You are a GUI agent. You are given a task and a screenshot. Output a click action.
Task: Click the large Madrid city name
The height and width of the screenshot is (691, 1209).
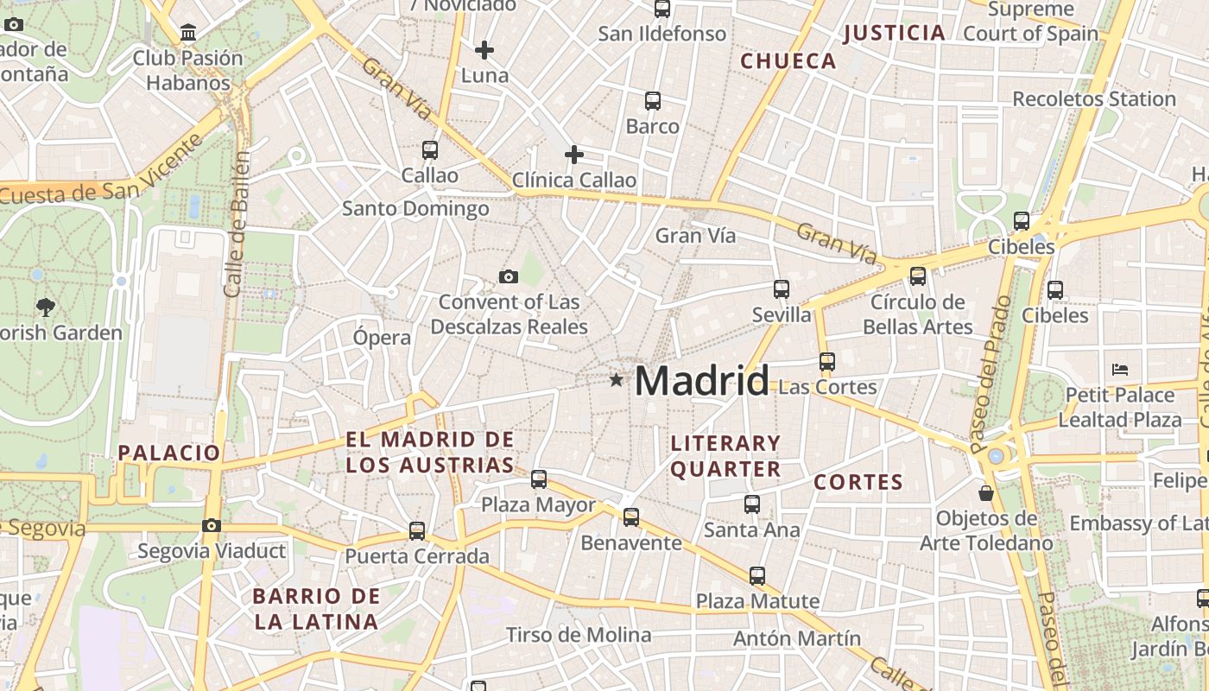[701, 381]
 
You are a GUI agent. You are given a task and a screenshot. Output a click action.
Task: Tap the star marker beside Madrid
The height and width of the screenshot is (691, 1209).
[616, 379]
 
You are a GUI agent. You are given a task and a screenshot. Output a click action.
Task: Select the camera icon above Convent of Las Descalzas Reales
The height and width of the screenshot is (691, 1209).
[509, 276]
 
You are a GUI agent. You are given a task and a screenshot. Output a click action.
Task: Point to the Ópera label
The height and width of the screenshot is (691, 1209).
[382, 338]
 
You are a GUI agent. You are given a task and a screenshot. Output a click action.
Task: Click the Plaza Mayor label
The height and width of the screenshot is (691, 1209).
[538, 504]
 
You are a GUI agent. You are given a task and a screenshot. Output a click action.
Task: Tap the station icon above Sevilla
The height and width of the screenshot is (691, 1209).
[782, 288]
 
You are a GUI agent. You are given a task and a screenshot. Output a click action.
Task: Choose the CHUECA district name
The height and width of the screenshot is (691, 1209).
[788, 61]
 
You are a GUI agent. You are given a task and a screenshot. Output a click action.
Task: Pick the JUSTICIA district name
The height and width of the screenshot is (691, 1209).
[894, 33]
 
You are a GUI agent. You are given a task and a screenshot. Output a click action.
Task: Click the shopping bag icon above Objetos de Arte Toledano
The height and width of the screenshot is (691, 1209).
[985, 493]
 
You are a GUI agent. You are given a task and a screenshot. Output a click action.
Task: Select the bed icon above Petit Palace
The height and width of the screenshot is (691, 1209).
[1120, 370]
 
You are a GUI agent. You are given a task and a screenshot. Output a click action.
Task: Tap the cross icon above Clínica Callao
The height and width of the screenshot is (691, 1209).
[574, 155]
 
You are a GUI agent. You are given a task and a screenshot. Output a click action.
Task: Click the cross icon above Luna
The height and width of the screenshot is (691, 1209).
[484, 50]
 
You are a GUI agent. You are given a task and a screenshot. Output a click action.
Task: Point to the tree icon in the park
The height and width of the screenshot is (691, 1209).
[45, 306]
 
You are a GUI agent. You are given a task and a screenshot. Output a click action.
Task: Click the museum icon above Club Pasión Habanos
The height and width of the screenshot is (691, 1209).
[188, 33]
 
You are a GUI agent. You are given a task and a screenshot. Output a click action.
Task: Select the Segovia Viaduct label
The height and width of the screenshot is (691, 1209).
[212, 551]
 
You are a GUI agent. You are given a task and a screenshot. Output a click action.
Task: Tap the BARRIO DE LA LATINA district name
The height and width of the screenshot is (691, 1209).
[316, 608]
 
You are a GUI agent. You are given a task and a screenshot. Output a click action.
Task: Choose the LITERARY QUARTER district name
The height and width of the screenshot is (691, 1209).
[725, 456]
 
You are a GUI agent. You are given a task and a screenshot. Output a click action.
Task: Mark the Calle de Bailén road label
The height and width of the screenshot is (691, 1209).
[237, 225]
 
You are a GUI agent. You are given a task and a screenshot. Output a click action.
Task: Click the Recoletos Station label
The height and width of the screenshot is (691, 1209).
[1094, 98]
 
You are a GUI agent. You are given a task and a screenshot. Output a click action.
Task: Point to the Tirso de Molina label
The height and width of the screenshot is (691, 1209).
[579, 635]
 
